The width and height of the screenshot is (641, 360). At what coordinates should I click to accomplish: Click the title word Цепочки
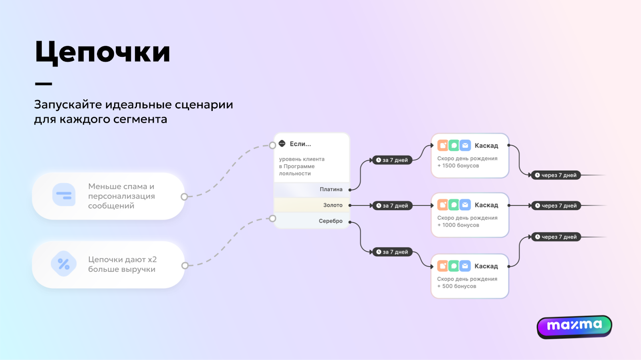click(103, 52)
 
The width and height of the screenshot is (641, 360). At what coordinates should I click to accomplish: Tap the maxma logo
click(574, 326)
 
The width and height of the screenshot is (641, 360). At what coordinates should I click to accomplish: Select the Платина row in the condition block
click(331, 189)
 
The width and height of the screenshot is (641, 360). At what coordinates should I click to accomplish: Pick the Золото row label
click(333, 205)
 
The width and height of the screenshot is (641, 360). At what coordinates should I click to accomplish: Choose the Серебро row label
click(331, 221)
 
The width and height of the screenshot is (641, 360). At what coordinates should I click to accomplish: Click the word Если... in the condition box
click(300, 144)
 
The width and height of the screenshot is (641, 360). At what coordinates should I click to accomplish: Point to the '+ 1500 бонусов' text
click(458, 166)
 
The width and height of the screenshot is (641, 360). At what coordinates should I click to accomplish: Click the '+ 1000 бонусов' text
click(458, 225)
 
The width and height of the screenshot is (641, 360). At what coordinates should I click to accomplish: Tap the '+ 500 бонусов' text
click(457, 286)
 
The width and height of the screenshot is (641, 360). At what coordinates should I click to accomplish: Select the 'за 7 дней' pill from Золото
click(392, 206)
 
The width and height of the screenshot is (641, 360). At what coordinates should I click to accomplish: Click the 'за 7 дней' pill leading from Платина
click(392, 160)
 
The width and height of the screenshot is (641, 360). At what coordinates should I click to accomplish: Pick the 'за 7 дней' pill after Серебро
click(392, 252)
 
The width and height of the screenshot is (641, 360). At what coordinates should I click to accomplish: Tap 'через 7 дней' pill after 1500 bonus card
click(556, 175)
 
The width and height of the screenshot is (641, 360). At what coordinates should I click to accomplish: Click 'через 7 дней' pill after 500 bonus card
click(556, 237)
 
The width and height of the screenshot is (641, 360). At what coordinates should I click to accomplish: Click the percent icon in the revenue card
click(64, 264)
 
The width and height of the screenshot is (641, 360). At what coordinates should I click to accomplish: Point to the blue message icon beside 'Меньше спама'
click(64, 195)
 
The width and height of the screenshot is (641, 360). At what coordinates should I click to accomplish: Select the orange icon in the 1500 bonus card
click(443, 145)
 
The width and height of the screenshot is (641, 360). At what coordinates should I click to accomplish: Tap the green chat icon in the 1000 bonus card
click(454, 205)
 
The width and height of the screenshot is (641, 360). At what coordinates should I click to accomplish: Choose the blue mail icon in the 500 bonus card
click(465, 266)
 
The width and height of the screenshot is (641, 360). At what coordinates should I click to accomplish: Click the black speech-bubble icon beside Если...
click(282, 143)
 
